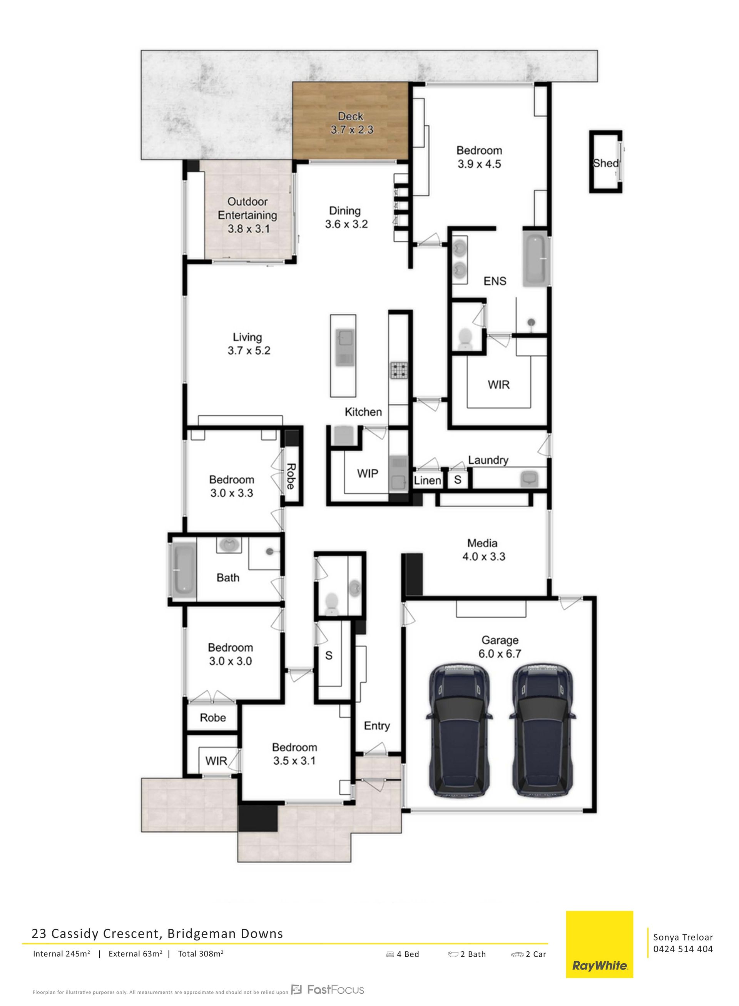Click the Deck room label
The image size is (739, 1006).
point(351,116)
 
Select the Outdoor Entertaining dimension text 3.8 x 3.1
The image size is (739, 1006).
point(249,229)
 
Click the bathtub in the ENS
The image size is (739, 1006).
point(535,259)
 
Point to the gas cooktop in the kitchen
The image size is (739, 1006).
point(399,370)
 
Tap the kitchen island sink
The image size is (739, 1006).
point(344,347)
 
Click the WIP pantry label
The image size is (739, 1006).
point(368,473)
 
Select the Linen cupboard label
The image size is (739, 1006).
point(427,480)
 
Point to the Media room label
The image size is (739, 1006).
point(482,543)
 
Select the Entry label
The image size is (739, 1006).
point(377,725)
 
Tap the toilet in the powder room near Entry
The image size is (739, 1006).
point(331,603)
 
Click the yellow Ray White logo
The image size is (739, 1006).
point(599,944)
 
